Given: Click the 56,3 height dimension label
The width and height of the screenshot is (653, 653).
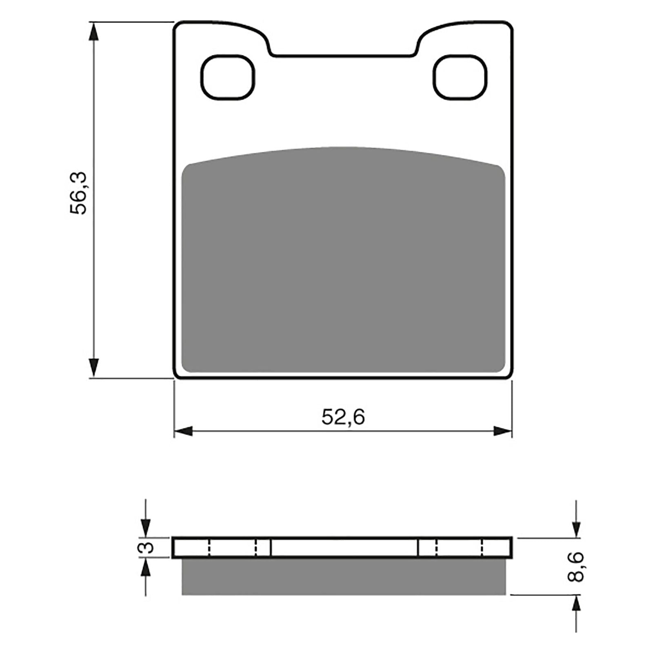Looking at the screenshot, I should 78,193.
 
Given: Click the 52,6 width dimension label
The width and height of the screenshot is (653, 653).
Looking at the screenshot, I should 343,417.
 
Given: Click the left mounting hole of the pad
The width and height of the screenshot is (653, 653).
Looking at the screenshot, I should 228,77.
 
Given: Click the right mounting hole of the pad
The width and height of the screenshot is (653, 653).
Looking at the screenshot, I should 460,77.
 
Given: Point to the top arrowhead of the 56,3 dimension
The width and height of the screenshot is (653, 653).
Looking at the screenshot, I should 94,31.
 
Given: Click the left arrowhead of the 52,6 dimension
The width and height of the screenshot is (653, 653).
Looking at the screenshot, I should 183,431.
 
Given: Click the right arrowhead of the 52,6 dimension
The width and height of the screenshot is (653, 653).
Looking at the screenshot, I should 502,431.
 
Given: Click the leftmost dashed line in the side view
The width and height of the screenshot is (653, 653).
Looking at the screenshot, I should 209,547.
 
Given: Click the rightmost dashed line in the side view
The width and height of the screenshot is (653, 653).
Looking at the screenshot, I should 483,547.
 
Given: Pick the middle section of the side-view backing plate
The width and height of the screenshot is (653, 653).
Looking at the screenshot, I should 344,547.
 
